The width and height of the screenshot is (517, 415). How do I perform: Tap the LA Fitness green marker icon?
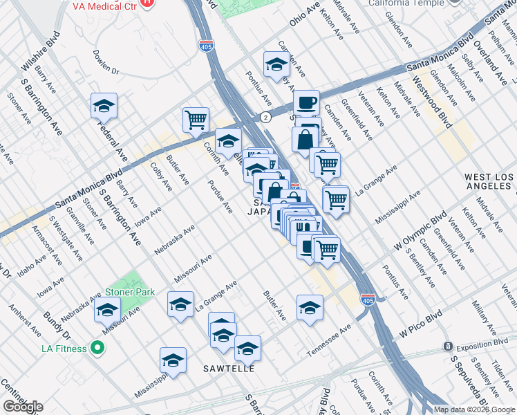tap(97, 347)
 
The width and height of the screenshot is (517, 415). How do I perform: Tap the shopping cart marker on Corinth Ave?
tap(196, 119)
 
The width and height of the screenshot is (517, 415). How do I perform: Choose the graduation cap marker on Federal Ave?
tap(104, 106)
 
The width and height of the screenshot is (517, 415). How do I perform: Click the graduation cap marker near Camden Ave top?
tap(276, 64)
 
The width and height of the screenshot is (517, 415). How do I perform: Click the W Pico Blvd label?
tap(420, 331)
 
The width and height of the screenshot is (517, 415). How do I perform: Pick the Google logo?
tap(22, 407)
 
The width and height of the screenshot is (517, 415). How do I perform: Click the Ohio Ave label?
tap(304, 13)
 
